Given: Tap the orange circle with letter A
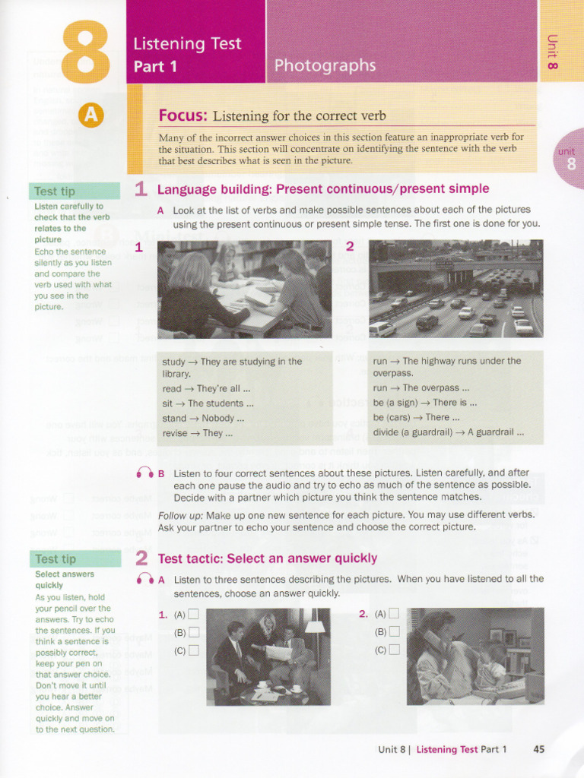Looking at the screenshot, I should click(90, 115).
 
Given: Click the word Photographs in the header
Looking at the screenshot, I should click(325, 65).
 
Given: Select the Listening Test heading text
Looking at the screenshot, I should click(187, 44).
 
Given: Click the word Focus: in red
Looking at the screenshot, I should click(182, 115).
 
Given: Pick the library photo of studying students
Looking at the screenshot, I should click(244, 289).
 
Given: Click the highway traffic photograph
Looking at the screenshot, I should click(455, 289).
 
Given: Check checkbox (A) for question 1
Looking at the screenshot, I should click(193, 615).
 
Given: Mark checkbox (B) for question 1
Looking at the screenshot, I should click(193, 632).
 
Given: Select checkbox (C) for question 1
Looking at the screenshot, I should click(193, 650).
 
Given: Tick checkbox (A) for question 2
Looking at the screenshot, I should click(393, 614).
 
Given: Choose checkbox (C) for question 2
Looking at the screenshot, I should click(393, 649).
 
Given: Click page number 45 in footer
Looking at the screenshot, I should click(539, 749).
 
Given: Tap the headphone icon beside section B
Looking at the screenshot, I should click(144, 473).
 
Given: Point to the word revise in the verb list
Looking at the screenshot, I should click(174, 434).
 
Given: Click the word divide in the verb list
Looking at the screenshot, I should click(387, 433).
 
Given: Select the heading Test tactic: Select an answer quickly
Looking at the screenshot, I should click(267, 558).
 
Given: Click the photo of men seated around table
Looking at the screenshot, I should click(268, 656).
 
